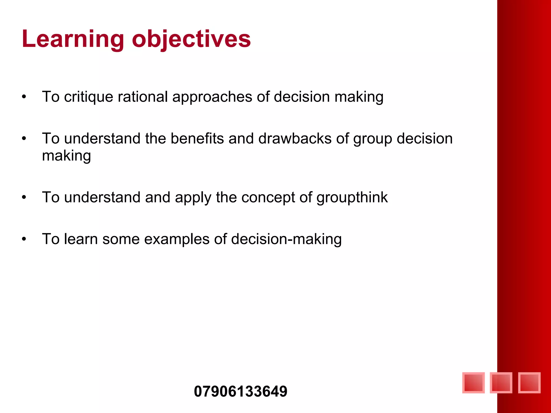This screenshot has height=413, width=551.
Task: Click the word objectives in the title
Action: [x=191, y=39]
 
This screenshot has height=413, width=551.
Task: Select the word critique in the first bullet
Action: [x=89, y=97]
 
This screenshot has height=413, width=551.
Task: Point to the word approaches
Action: [x=212, y=97]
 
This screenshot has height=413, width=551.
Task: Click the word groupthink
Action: [x=352, y=198]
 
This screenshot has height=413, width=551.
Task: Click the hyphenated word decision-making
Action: [x=286, y=239]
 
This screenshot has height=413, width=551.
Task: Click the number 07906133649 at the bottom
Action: [x=241, y=391]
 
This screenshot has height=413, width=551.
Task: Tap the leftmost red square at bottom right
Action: [x=474, y=383]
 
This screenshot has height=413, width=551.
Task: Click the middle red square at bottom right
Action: [x=501, y=383]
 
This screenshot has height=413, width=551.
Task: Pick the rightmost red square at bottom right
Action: [x=529, y=383]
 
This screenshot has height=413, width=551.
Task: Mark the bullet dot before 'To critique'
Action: [x=24, y=97]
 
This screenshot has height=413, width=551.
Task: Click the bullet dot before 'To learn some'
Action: [x=24, y=239]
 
